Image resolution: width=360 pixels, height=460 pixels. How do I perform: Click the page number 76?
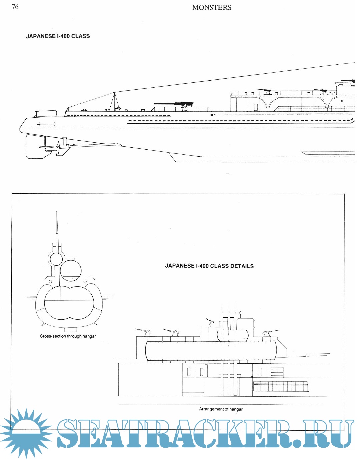click(x=15, y=7)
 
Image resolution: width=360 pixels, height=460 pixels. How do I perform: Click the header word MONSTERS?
click(x=212, y=7)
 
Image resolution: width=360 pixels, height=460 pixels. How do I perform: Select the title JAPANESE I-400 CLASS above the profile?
click(x=58, y=36)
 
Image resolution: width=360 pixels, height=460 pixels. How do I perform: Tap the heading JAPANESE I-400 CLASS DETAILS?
click(x=209, y=266)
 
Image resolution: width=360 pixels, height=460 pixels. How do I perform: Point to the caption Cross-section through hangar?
click(x=68, y=336)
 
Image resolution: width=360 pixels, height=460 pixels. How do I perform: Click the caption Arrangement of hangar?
click(x=221, y=409)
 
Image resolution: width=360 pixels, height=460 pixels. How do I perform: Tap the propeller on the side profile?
click(x=59, y=147)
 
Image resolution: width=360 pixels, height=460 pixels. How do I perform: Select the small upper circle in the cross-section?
click(x=56, y=259)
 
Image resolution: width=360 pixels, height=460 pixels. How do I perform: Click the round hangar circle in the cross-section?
click(x=70, y=270)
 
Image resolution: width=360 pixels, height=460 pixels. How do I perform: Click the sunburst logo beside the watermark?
click(x=26, y=433)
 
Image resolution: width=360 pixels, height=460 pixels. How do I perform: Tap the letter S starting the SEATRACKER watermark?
click(x=69, y=433)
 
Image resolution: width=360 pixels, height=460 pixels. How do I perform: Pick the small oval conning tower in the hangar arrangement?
click(x=233, y=335)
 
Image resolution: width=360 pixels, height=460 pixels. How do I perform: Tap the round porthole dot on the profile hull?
click(x=212, y=115)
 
